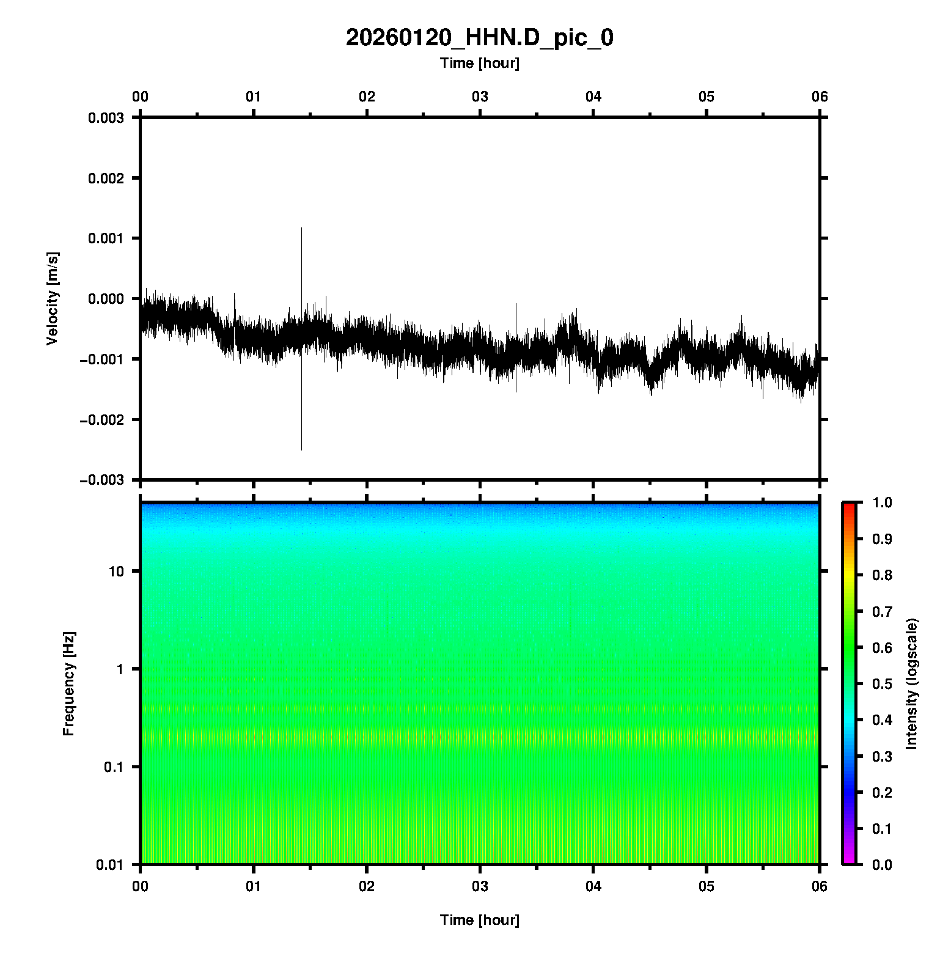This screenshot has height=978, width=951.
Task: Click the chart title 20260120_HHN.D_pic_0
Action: coord(479,38)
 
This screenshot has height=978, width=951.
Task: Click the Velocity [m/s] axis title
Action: coord(53,298)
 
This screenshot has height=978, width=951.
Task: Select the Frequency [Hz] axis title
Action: coord(68,683)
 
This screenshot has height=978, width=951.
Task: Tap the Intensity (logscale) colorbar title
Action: coord(912,683)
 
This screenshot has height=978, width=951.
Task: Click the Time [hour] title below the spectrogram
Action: coord(479,920)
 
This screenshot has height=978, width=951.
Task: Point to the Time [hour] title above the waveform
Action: coord(479,63)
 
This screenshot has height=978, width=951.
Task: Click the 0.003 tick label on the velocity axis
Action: coord(106,118)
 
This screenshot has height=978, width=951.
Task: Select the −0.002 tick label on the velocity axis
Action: coord(102,419)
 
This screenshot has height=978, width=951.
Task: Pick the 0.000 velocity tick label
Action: coord(106,299)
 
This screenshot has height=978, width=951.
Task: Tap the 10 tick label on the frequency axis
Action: coord(116,572)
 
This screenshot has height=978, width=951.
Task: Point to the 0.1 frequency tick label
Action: coord(113,767)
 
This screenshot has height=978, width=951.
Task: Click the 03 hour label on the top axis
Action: coord(480,97)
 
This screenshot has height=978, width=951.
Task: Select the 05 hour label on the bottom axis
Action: coord(707,886)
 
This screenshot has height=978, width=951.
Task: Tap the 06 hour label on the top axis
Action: coord(819,97)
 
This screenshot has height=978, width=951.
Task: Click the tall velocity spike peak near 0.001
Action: coord(301,229)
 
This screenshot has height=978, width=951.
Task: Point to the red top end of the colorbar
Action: coord(849,505)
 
